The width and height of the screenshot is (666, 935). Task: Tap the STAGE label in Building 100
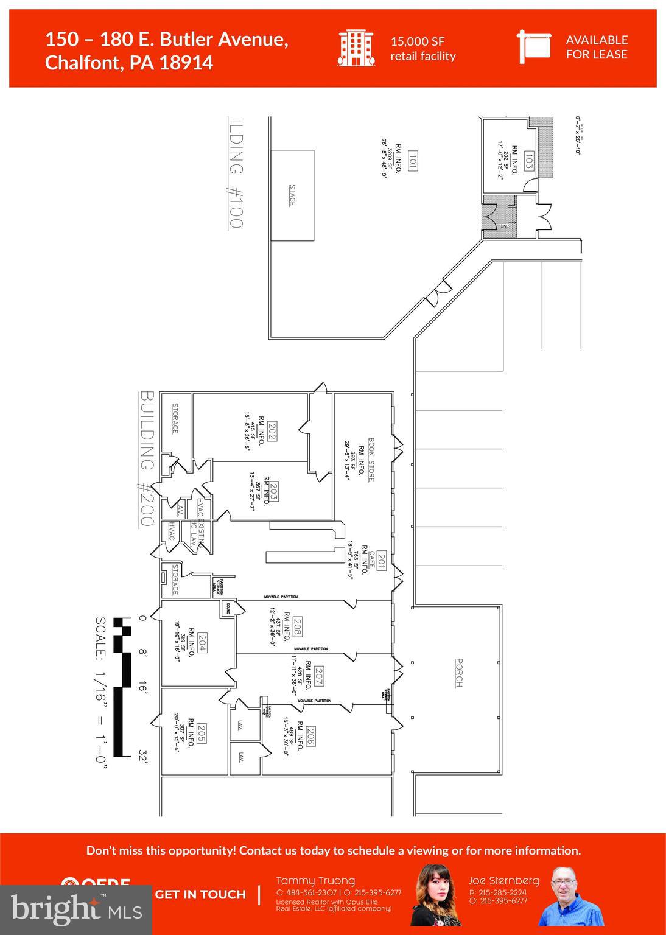(x=292, y=195)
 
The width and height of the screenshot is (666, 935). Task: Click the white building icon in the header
(x=356, y=47)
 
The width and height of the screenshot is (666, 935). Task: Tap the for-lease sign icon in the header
(x=533, y=46)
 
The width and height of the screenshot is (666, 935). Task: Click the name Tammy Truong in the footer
(x=315, y=881)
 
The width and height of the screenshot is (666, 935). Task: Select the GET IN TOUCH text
(x=200, y=894)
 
